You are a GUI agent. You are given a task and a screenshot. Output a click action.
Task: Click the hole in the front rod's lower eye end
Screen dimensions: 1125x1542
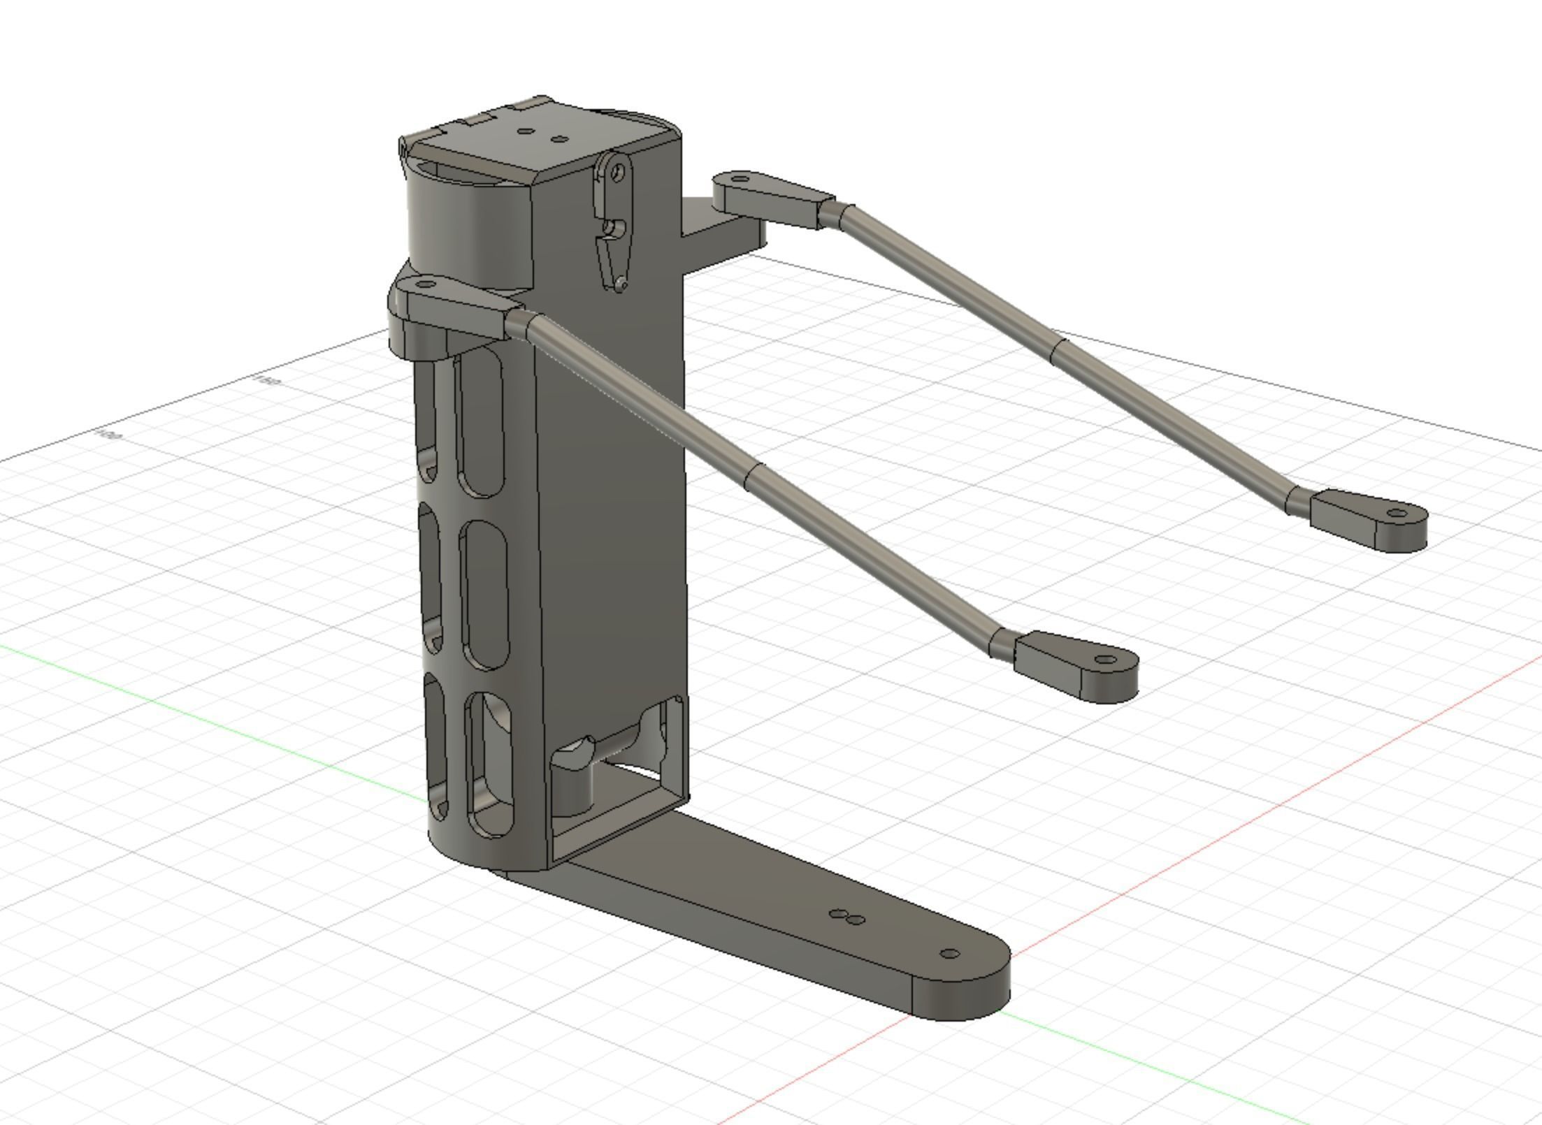pyautogui.click(x=1105, y=659)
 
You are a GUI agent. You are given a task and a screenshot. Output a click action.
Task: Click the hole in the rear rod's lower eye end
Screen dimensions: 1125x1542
pyautogui.click(x=1397, y=514)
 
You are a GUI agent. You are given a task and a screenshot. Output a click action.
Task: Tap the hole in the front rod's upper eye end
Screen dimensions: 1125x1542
pyautogui.click(x=426, y=284)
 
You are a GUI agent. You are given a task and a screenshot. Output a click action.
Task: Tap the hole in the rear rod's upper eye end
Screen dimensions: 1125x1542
pyautogui.click(x=741, y=180)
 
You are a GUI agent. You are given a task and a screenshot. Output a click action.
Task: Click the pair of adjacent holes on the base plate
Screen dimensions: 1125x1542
pyautogui.click(x=846, y=917)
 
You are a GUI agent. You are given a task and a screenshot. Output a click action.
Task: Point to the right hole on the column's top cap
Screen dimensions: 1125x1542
pyautogui.click(x=559, y=139)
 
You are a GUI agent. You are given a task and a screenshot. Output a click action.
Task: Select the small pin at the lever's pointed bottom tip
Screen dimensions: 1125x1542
pyautogui.click(x=621, y=284)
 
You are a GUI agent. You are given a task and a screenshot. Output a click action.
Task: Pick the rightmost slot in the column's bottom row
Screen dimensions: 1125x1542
pyautogui.click(x=492, y=765)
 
